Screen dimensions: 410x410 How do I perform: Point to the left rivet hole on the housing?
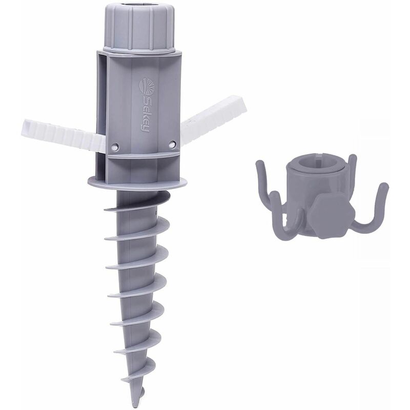114,147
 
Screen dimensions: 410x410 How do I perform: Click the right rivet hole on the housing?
172,145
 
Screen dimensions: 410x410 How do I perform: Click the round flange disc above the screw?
137,182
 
